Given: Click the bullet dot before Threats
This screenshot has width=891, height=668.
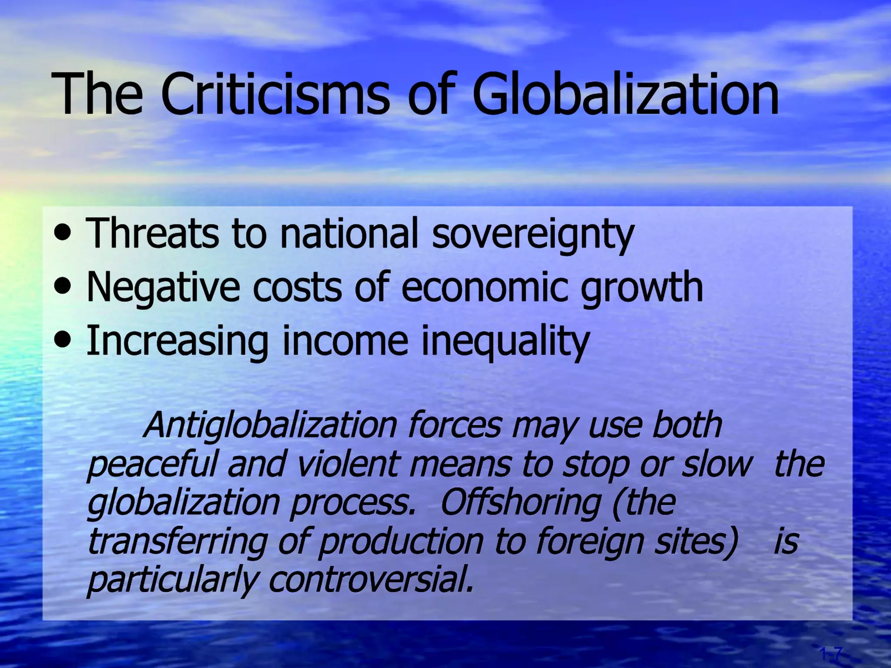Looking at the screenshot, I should point(64,233).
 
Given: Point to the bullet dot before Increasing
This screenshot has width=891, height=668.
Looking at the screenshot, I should point(64,340).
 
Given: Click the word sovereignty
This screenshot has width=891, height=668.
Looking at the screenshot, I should point(533,235).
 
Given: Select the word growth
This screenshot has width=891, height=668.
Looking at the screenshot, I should point(642,288).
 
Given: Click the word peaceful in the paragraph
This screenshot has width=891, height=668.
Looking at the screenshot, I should point(152,464).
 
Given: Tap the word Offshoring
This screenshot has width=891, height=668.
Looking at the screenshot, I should point(520,503).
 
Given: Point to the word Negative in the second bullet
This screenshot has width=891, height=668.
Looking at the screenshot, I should point(163,288).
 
